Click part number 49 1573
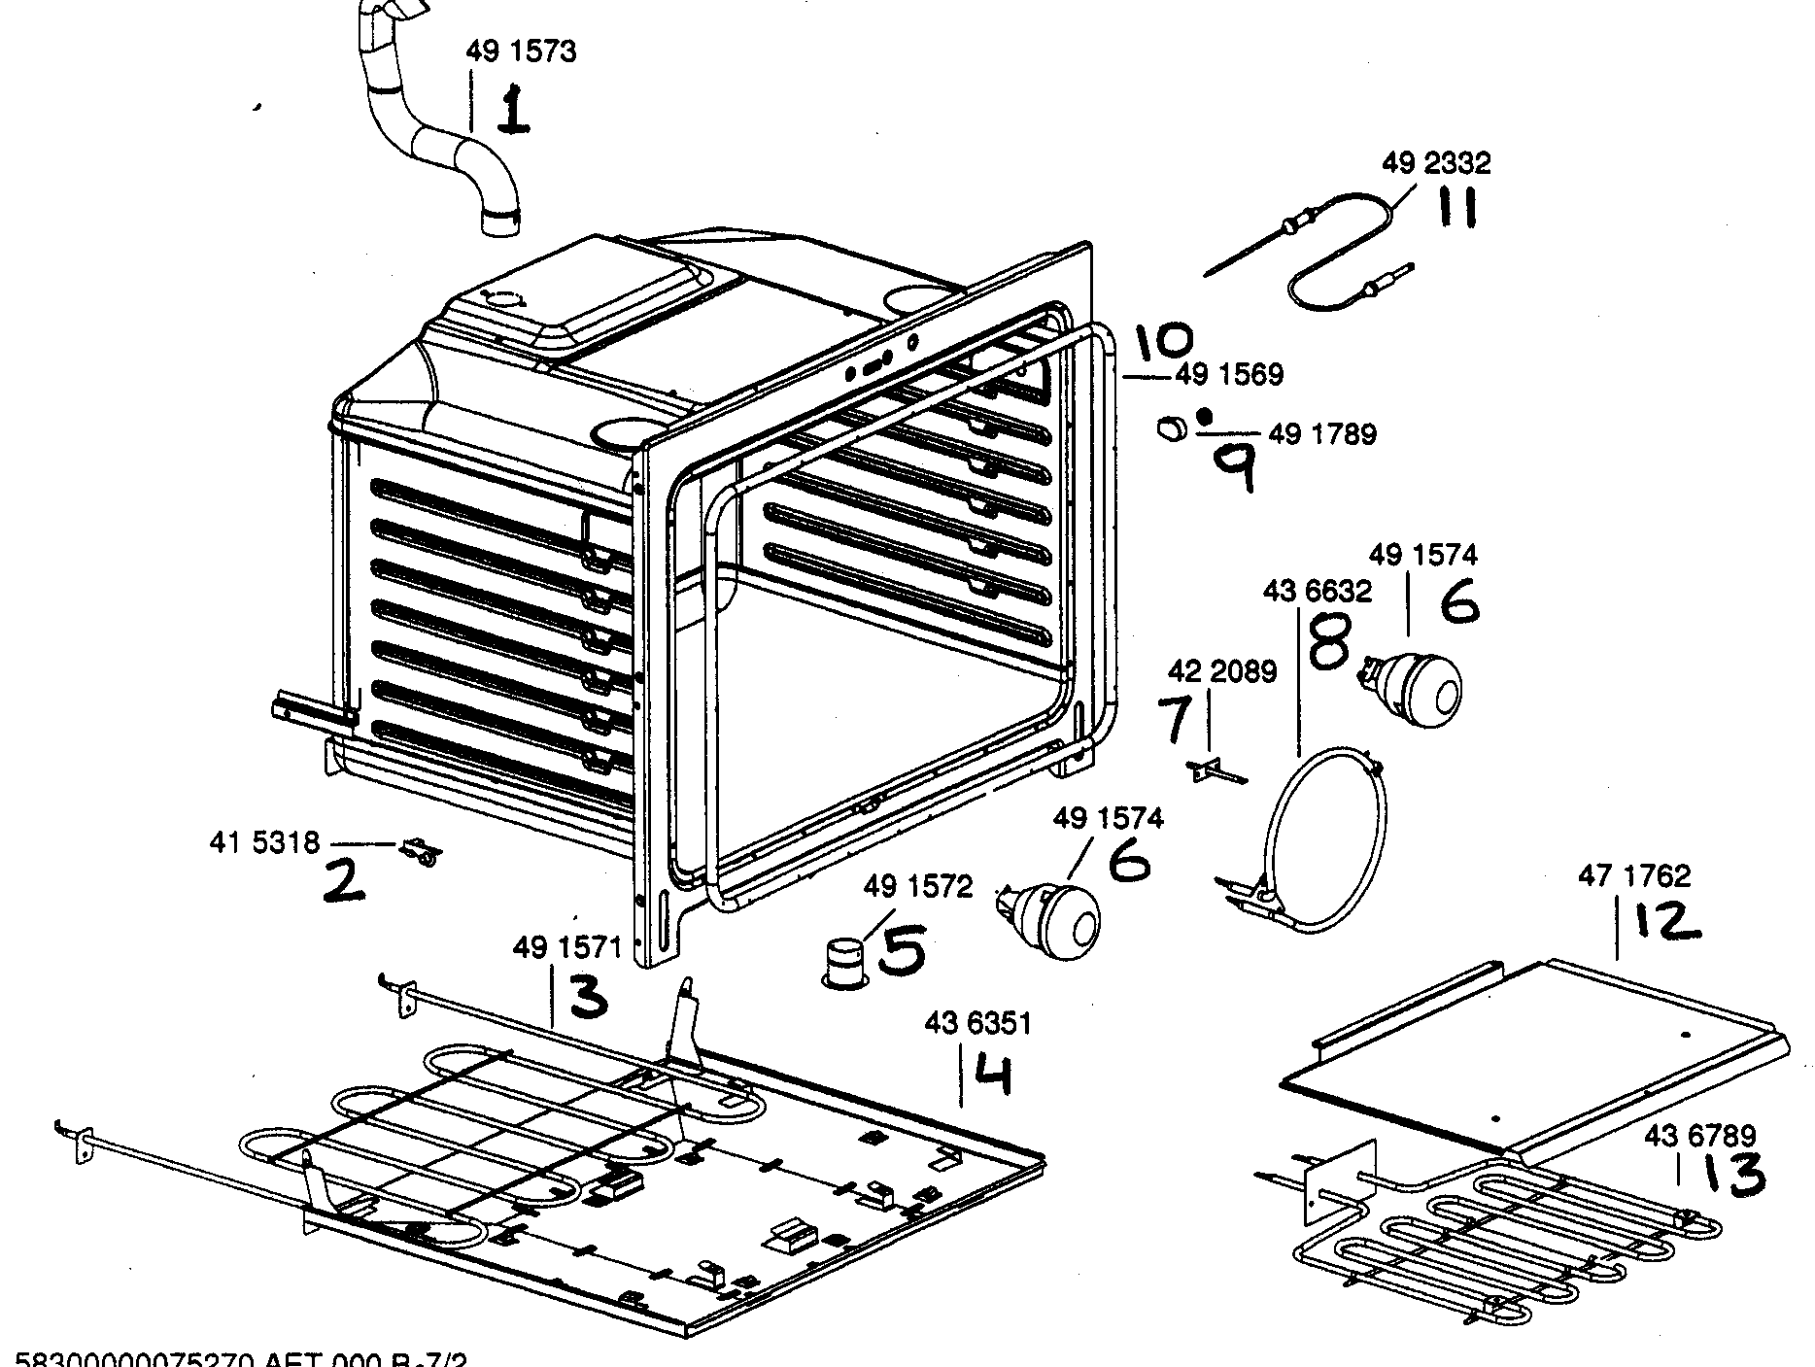[x=521, y=51]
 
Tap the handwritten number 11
[x=1456, y=207]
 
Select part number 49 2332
[x=1435, y=162]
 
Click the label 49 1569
[x=1229, y=374]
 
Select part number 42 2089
[x=1221, y=671]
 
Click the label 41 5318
[x=263, y=841]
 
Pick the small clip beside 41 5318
[x=421, y=852]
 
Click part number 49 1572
[x=917, y=887]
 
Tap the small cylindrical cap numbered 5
[x=844, y=961]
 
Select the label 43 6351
[x=977, y=1023]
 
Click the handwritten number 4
[x=993, y=1076]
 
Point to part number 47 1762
[x=1633, y=875]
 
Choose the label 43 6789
[x=1698, y=1135]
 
